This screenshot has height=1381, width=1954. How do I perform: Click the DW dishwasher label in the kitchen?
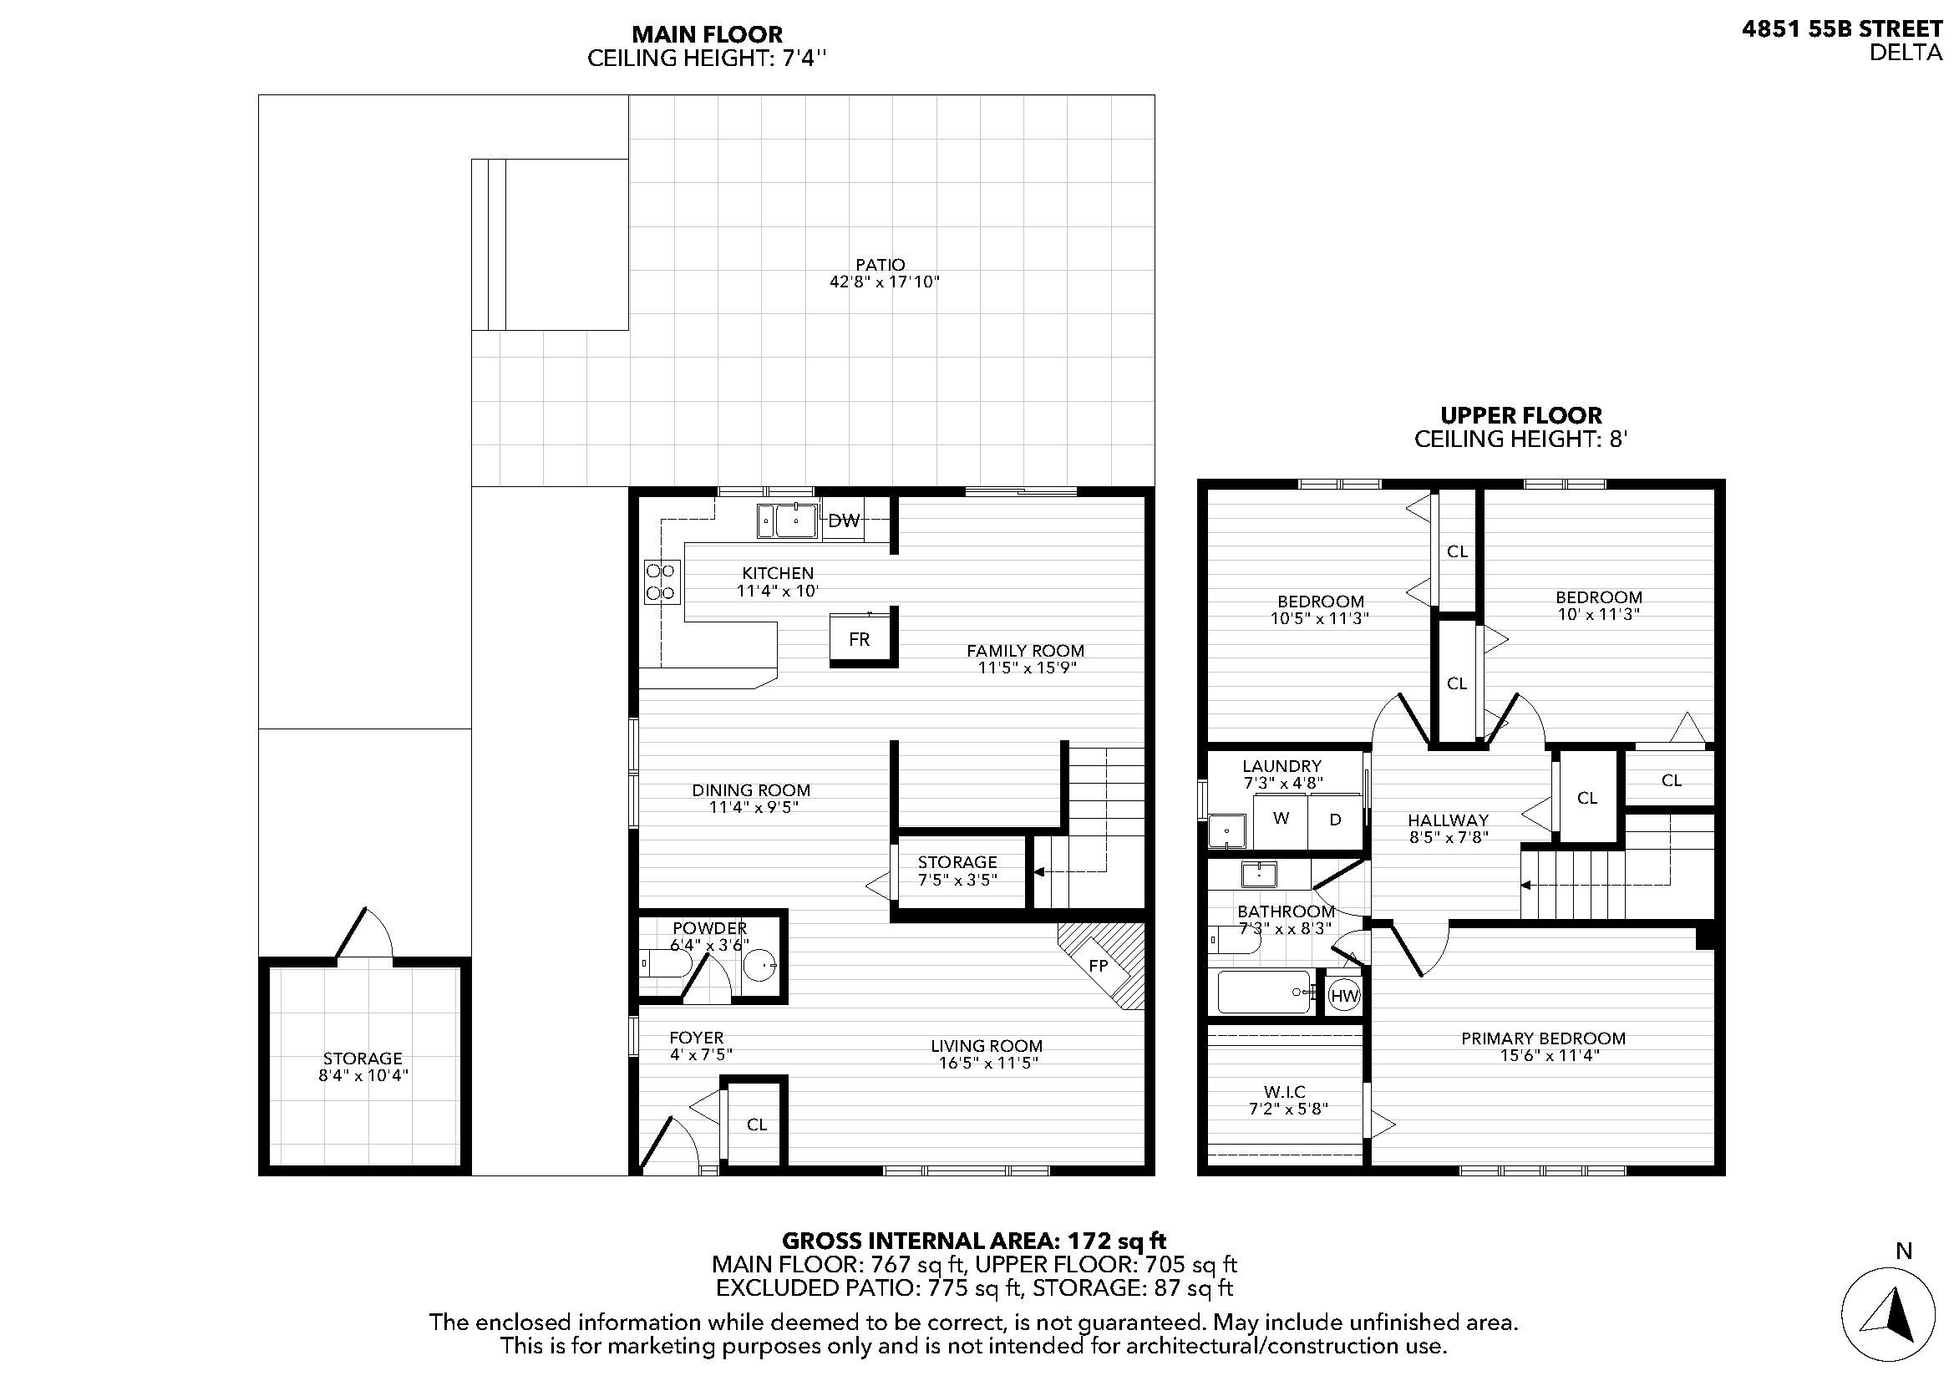click(844, 520)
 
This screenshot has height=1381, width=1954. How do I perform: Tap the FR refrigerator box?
click(860, 638)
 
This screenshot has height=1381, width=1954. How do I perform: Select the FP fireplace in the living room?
click(1101, 966)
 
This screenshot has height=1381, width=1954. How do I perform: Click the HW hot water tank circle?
click(1344, 996)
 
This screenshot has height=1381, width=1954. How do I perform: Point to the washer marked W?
click(1281, 819)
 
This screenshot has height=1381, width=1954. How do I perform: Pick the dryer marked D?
click(1335, 820)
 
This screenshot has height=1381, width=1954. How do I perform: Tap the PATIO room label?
click(881, 265)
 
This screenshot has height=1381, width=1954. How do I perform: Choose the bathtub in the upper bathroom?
click(1264, 993)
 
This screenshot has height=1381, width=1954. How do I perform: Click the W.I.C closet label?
click(1284, 1092)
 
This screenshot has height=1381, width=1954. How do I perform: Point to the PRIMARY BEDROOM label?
click(1543, 1038)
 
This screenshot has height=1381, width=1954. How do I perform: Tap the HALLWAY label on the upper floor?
click(1448, 820)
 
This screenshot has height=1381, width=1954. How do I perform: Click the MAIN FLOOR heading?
click(707, 34)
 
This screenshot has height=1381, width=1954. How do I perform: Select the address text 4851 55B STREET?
click(1843, 29)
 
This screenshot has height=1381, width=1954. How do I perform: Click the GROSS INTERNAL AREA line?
click(973, 1241)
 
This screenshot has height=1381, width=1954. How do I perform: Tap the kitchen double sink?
click(788, 520)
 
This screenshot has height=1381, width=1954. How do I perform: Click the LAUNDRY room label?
click(1282, 766)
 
